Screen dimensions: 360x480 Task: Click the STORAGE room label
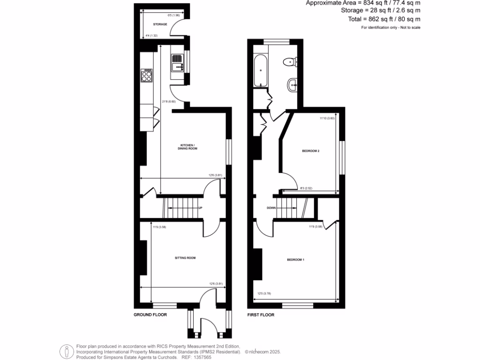[x=160, y=24]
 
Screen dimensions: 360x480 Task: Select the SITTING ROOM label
[x=185, y=258]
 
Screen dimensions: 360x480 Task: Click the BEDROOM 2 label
[x=311, y=151]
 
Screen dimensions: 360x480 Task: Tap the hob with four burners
[x=147, y=75]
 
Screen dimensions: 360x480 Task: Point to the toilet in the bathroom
[x=290, y=60]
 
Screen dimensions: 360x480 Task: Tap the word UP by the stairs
[x=201, y=208]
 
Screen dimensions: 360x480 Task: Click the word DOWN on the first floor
[x=271, y=208]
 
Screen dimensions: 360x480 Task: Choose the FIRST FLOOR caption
[x=261, y=315]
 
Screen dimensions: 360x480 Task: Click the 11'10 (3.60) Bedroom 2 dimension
[x=328, y=119]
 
